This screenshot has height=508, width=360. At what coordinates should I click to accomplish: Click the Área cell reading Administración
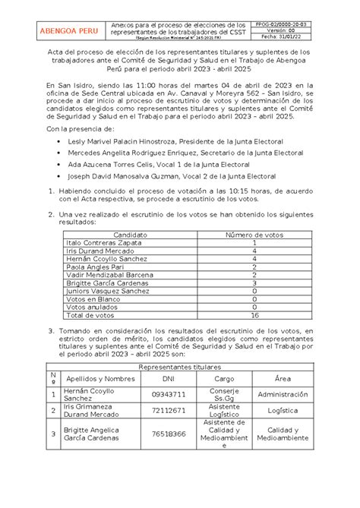point(283,395)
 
